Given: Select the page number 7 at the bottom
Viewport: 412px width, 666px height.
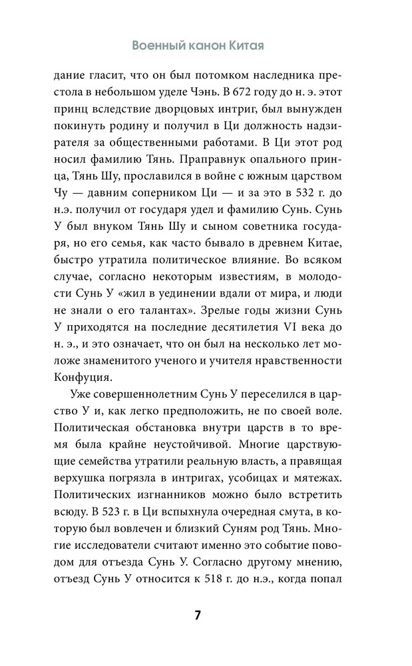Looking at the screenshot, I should click(197, 615).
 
